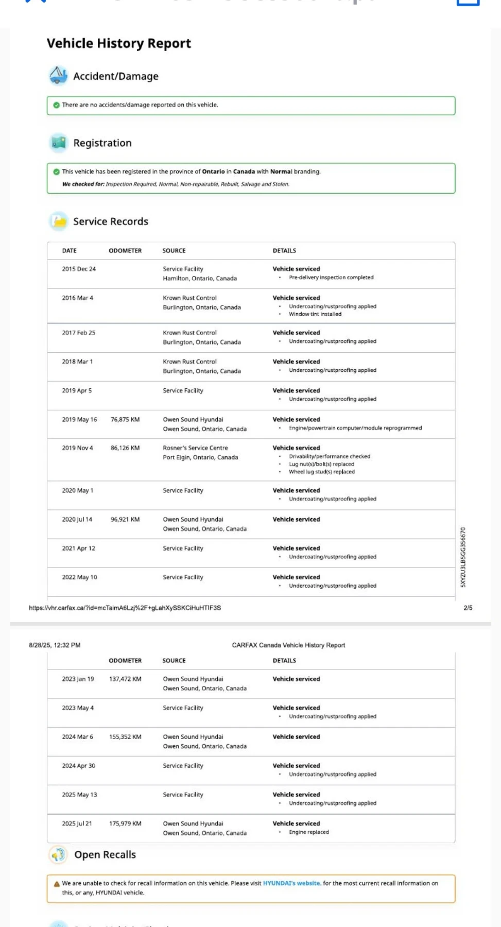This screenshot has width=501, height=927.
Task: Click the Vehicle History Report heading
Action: click(118, 43)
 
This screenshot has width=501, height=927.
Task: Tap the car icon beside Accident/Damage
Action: click(58, 76)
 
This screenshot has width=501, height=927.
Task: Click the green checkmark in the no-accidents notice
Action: click(56, 105)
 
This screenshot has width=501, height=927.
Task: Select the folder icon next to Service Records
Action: click(59, 221)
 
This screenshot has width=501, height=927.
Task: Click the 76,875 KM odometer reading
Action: click(125, 420)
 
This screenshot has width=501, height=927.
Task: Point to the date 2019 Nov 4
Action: click(78, 448)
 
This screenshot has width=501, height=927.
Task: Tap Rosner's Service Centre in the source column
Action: click(195, 448)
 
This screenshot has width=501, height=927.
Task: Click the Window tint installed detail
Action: click(315, 314)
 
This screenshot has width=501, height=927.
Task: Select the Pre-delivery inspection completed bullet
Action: click(331, 278)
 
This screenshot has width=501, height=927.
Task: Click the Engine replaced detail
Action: click(308, 832)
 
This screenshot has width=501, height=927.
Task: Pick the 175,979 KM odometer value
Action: click(125, 823)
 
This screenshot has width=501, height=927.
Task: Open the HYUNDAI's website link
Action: click(292, 883)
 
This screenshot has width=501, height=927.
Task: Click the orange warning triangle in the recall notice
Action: click(57, 884)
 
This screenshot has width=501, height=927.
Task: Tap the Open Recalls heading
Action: click(105, 855)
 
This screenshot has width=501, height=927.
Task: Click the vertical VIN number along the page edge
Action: click(463, 557)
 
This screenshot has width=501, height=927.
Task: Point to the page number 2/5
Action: click(468, 608)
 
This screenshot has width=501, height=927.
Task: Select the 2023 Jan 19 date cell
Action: click(78, 679)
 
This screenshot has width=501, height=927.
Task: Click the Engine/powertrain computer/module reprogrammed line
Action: click(355, 428)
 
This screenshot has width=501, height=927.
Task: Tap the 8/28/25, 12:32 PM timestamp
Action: click(55, 645)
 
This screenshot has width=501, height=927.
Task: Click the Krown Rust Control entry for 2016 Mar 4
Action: click(189, 298)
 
